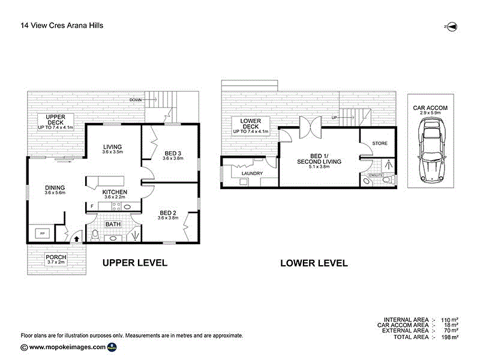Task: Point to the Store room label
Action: [x=380, y=143]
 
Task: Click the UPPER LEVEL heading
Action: [x=134, y=263]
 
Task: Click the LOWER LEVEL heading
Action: [x=314, y=263]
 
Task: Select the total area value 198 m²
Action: [x=449, y=337]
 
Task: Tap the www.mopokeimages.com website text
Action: [x=67, y=347]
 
